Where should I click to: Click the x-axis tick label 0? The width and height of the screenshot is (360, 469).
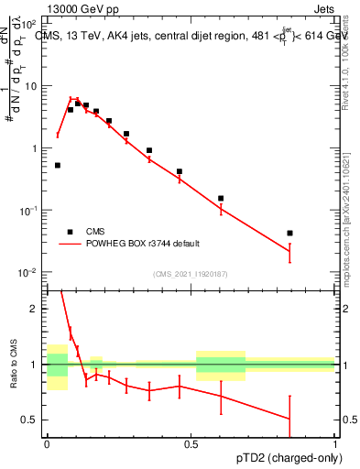[x=47, y=443]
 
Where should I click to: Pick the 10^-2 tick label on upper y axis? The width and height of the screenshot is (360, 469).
[x=28, y=273]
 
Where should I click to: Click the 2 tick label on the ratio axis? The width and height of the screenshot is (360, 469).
[x=35, y=309]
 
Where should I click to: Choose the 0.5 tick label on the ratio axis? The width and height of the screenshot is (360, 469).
[x=30, y=420]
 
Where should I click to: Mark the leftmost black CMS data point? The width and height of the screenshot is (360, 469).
[x=58, y=166]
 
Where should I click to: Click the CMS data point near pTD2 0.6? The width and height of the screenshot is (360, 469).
[x=221, y=198]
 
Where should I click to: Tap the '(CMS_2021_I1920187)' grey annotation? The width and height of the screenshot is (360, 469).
[x=191, y=273]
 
